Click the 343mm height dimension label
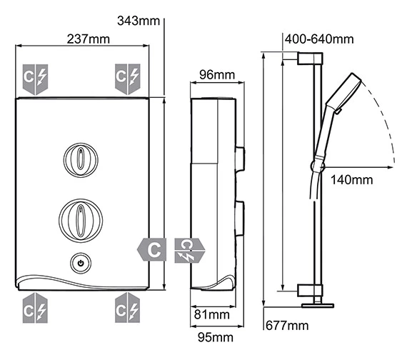coord(139,21)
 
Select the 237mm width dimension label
coord(89,39)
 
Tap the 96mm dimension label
coord(217,75)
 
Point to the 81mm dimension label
coord(212,314)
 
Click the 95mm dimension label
coord(216,337)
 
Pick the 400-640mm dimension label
coord(319,39)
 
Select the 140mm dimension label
coord(352,180)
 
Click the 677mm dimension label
coord(287,326)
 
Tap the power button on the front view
coord(81,263)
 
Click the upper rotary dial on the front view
coord(81,160)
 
